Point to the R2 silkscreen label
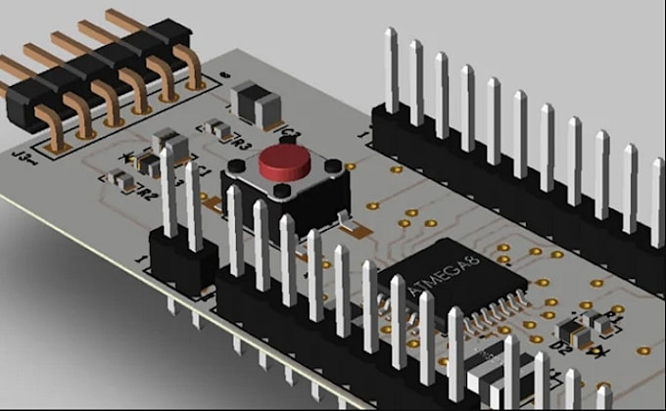tap(147, 195)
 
